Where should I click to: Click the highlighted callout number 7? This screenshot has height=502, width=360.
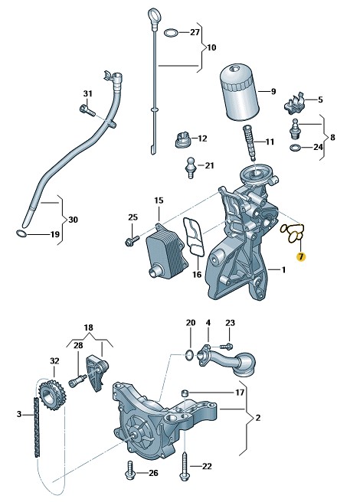[301, 256]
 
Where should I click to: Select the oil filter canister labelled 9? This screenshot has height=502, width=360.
[239, 93]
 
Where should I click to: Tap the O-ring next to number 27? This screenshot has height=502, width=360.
[171, 32]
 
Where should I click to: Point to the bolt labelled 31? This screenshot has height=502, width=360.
[87, 110]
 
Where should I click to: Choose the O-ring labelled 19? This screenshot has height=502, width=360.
[21, 233]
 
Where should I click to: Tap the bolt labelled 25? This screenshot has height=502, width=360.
[132, 240]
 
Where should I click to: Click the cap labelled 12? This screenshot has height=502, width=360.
[183, 140]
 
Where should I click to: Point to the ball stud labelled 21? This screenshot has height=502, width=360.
[191, 168]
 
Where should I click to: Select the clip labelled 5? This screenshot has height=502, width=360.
[294, 103]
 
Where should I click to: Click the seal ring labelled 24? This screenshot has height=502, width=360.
[295, 148]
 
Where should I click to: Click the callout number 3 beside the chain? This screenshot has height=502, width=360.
[19, 414]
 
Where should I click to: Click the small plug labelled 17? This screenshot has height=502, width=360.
[185, 393]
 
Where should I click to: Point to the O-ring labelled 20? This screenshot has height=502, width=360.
[189, 354]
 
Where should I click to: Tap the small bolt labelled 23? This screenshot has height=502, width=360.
[227, 346]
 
